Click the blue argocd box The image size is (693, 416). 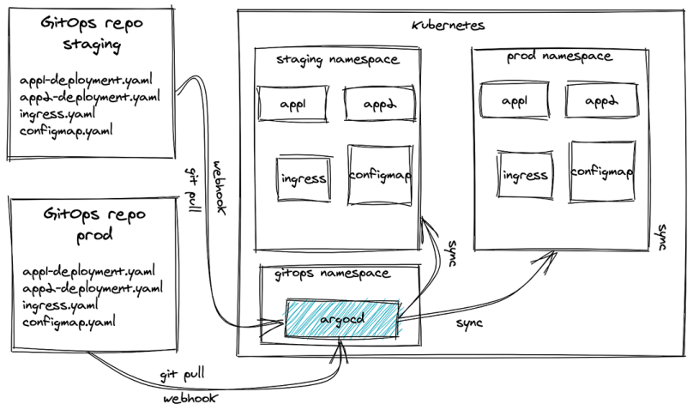pos(341,319)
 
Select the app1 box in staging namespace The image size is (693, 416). pos(293,104)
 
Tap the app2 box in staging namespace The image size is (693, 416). pos(380,104)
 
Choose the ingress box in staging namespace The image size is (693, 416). pos(304,178)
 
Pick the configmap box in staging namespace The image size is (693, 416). pos(380,175)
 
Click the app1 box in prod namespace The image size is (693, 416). pos(515,100)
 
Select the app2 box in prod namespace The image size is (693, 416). pos(601,100)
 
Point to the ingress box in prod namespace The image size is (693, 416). pos(525,175)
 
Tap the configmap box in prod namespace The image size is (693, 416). pos(602,172)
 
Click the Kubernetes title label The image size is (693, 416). pos(449,25)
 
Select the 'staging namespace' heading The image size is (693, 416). pos(338,60)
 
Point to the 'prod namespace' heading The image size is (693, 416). pos(559,57)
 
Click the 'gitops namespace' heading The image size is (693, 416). pos(333,274)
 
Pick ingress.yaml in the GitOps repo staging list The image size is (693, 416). pos(57,114)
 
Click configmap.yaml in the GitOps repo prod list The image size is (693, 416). pos(69,322)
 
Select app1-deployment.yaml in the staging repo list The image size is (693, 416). pos(86,81)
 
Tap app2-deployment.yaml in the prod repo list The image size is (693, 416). pos(93,288)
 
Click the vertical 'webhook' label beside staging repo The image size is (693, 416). pos(220,188)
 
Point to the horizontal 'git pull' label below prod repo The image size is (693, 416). pos(183,375)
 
